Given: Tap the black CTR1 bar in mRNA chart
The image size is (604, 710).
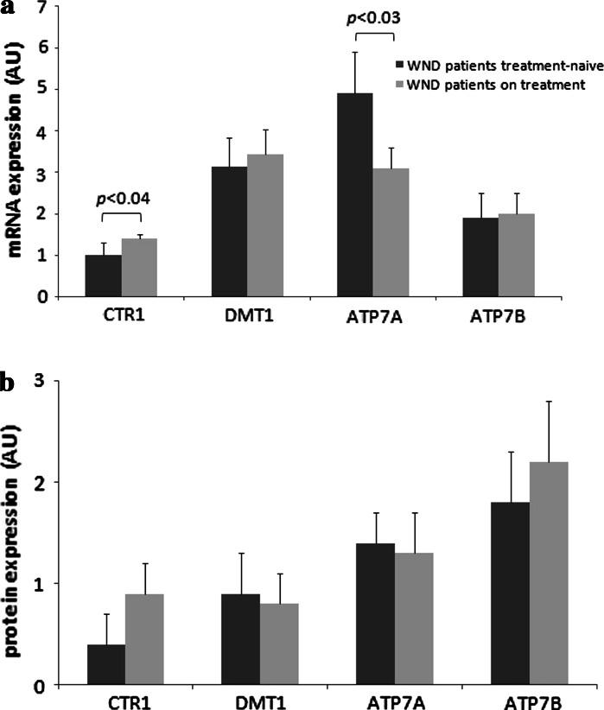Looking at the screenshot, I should (x=103, y=275).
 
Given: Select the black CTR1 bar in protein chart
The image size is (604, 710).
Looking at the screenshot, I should (x=106, y=663).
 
